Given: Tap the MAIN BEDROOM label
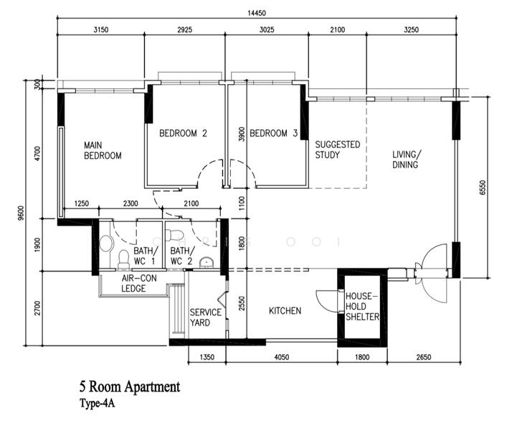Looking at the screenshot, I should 102,150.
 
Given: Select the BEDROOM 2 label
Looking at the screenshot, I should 183,133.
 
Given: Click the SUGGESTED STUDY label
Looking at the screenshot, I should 337,149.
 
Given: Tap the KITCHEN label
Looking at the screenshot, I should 285,311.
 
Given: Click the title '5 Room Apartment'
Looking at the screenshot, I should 130,387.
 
